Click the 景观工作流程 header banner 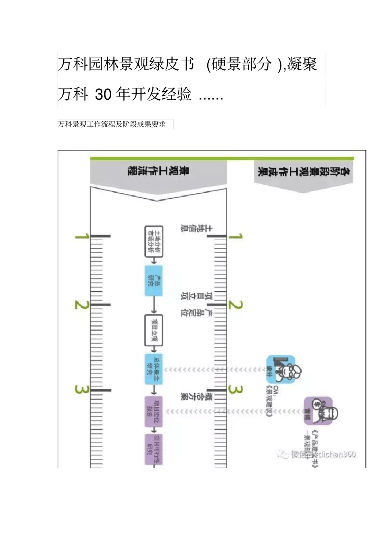coord(158,172)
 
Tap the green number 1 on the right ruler coord(236,236)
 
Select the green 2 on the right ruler coord(236,305)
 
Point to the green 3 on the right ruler coord(236,390)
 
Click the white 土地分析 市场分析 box coord(154,242)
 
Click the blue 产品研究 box coord(154,281)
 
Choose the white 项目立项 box coord(154,330)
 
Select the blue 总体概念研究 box coord(154,369)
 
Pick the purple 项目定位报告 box coord(154,411)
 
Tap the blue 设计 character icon coord(282,369)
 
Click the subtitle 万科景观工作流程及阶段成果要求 coord(112,124)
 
